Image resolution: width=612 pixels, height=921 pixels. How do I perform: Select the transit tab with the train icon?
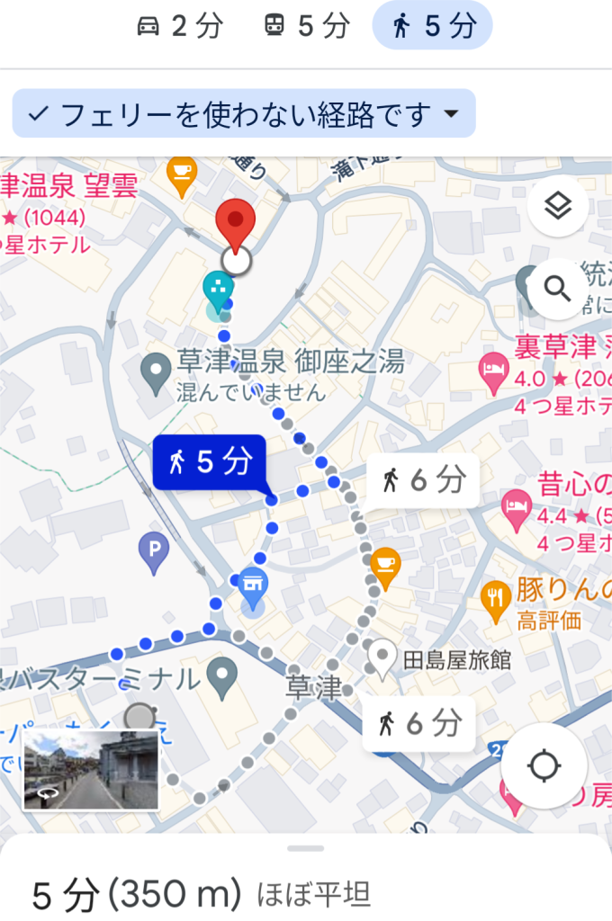(x=306, y=26)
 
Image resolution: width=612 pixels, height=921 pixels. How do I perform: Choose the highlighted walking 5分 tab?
(x=432, y=26)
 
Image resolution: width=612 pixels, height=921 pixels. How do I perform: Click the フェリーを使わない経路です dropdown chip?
(x=244, y=114)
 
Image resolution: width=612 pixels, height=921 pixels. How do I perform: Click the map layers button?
(x=558, y=208)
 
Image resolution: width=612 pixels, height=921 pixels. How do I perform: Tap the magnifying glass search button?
(x=558, y=289)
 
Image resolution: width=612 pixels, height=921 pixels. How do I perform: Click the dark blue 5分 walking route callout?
(x=210, y=462)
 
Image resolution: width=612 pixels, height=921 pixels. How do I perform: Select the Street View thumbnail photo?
(x=91, y=770)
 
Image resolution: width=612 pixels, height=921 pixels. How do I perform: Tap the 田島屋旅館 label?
(x=456, y=660)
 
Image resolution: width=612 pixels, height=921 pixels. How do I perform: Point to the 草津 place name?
(x=314, y=688)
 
